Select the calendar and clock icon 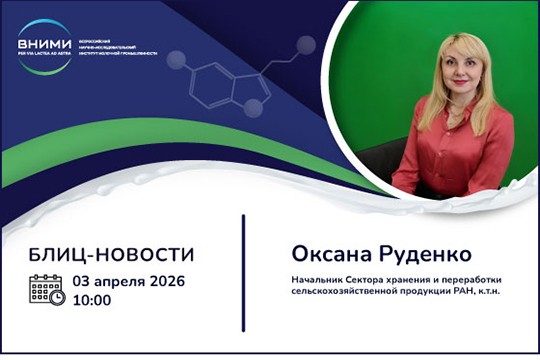[47, 290]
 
